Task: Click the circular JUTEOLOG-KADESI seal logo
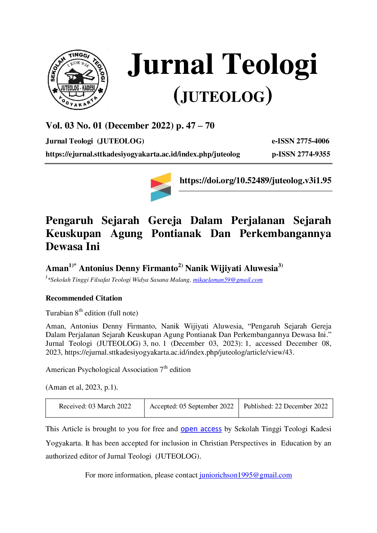coord(78,80)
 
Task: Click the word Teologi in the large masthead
coord(270,65)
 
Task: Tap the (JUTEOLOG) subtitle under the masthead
coord(223,96)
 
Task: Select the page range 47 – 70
coord(200,126)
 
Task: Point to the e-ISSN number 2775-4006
coord(313,141)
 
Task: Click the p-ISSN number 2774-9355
coord(314,154)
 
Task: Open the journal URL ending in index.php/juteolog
coord(143,154)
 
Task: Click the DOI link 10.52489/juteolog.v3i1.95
coord(255,181)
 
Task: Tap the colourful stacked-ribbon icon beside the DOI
coord(161,187)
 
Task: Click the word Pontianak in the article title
coord(176,233)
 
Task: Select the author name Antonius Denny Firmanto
coord(128,268)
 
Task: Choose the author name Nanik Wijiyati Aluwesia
coord(232,268)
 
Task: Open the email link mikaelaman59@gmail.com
coord(228,280)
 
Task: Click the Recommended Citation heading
coord(84,298)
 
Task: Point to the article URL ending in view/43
coord(179,352)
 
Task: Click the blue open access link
coord(201,429)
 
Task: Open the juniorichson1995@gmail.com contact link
coord(246,475)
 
